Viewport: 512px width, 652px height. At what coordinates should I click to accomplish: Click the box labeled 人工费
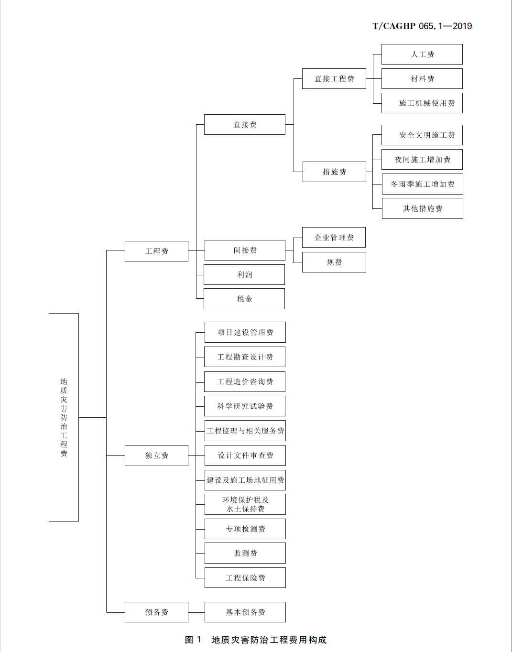[422, 54]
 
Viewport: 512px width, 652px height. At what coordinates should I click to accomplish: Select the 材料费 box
[422, 78]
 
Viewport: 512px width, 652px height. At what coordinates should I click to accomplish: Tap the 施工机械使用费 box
[422, 103]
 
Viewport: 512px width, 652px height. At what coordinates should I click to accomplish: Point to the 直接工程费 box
[334, 78]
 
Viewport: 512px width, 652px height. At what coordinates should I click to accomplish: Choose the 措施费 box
[334, 172]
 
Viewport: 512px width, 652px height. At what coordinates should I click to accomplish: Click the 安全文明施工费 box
[422, 135]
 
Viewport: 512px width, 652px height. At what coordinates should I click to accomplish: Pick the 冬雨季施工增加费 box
[422, 184]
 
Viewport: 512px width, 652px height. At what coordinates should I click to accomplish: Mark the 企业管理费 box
[334, 238]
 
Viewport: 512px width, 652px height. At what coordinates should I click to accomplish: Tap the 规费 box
[334, 262]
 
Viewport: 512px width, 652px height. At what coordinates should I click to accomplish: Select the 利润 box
[244, 274]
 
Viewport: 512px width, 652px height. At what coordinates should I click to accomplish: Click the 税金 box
[244, 299]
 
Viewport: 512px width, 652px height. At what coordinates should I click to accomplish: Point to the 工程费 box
[156, 251]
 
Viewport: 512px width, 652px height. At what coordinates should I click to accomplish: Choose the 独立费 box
[156, 456]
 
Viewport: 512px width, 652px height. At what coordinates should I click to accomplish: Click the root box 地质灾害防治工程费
[64, 417]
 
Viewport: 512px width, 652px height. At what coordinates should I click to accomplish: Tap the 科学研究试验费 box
[245, 406]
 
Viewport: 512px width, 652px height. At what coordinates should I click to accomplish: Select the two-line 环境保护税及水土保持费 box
[245, 504]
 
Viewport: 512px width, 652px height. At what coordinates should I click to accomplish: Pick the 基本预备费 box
[245, 612]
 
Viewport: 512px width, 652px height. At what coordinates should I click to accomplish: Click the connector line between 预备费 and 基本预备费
[196, 612]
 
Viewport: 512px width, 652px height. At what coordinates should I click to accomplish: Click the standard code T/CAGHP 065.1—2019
[422, 26]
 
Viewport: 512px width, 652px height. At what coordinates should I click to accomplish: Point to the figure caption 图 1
[193, 640]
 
